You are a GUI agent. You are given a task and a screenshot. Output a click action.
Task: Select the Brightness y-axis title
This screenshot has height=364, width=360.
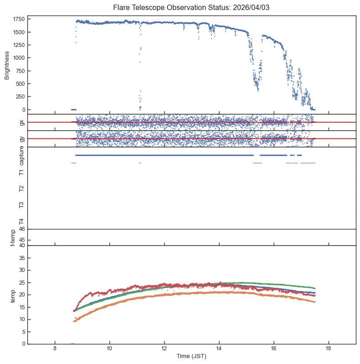pyautogui.click(x=7, y=64)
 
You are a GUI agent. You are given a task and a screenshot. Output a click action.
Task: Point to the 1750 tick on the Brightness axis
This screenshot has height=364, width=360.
pyautogui.click(x=19, y=19)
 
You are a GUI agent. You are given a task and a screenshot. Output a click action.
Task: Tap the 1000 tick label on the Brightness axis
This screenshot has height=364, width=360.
pyautogui.click(x=19, y=58)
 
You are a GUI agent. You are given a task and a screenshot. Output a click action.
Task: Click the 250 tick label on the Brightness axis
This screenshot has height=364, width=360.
pyautogui.click(x=20, y=97)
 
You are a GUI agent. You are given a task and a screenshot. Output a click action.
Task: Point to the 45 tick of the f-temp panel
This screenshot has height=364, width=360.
pyautogui.click(x=22, y=240)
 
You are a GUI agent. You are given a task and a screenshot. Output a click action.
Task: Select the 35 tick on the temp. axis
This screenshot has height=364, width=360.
pyautogui.click(x=22, y=258)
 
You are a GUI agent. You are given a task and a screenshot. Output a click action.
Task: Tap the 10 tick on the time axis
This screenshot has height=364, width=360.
pyautogui.click(x=110, y=349)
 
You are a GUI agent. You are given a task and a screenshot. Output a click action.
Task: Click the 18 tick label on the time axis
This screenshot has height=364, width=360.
pyautogui.click(x=328, y=349)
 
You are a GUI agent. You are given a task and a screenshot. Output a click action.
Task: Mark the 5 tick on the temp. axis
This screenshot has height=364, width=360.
pyautogui.click(x=23, y=332)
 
